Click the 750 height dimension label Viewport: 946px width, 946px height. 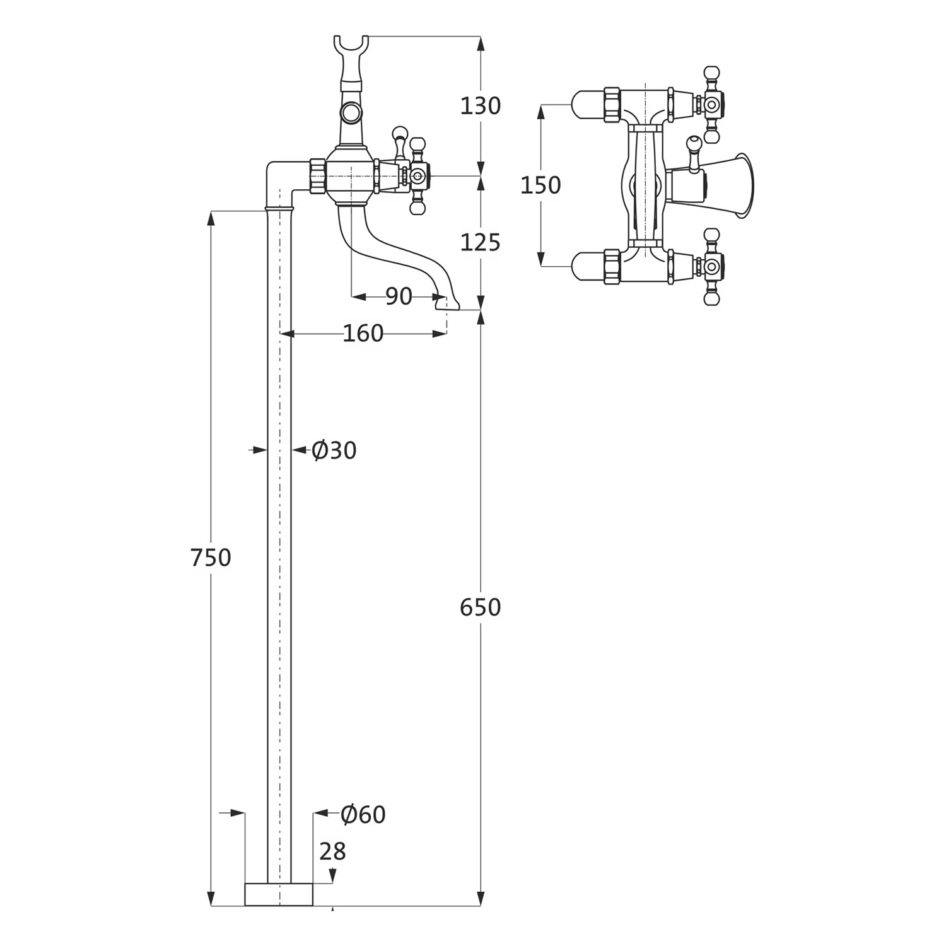211,558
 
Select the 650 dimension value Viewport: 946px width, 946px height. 480,607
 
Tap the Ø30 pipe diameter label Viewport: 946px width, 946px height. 334,450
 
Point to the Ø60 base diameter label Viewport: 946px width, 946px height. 363,814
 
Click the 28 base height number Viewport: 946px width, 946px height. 333,851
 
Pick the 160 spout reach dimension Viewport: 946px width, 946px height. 363,333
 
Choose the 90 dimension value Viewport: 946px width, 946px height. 399,296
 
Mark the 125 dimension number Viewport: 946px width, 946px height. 480,242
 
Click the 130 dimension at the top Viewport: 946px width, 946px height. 480,106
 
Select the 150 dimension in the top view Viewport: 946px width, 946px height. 540,185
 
